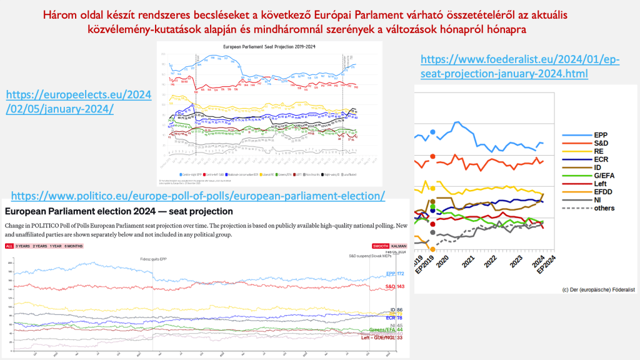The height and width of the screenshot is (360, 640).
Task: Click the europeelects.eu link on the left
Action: (x=79, y=101)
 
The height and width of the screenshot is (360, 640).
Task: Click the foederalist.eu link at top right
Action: (x=520, y=66)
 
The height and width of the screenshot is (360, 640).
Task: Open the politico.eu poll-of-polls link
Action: (x=198, y=196)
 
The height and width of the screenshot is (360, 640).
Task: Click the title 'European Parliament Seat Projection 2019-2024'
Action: (x=266, y=47)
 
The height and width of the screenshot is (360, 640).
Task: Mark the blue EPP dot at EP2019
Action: (x=432, y=132)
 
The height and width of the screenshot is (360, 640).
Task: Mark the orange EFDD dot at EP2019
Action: (x=432, y=249)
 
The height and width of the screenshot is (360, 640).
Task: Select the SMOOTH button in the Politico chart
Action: (x=381, y=246)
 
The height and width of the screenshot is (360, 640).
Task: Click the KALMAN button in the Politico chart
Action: (x=399, y=246)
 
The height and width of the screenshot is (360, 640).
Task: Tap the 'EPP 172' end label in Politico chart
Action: (x=396, y=274)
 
